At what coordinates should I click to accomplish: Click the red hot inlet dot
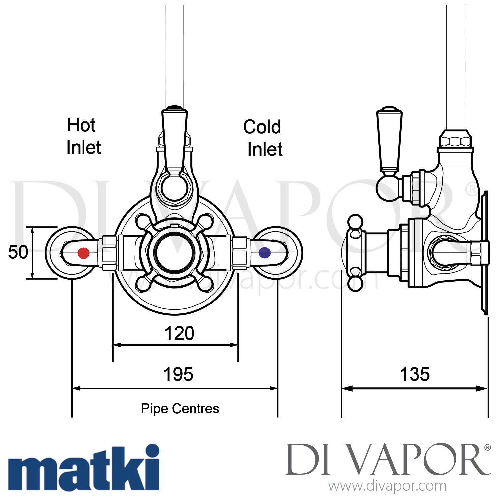pos(83,253)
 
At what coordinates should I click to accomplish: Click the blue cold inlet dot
pos(264,253)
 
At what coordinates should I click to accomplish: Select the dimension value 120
pos(179,333)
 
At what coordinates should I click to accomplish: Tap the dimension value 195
pos(178,374)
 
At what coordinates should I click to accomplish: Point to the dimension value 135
pos(414,374)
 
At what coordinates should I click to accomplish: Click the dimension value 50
pos(18,252)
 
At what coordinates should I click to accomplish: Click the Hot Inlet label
pos(83,136)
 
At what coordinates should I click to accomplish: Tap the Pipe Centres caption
pos(180,409)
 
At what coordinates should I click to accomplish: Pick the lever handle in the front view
pos(175,139)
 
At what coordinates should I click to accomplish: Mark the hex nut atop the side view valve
pos(455,139)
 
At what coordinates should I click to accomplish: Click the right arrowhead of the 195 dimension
pos(274,388)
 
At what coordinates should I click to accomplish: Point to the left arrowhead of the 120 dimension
pos(116,345)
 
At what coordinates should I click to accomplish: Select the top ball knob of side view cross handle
pos(355,222)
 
